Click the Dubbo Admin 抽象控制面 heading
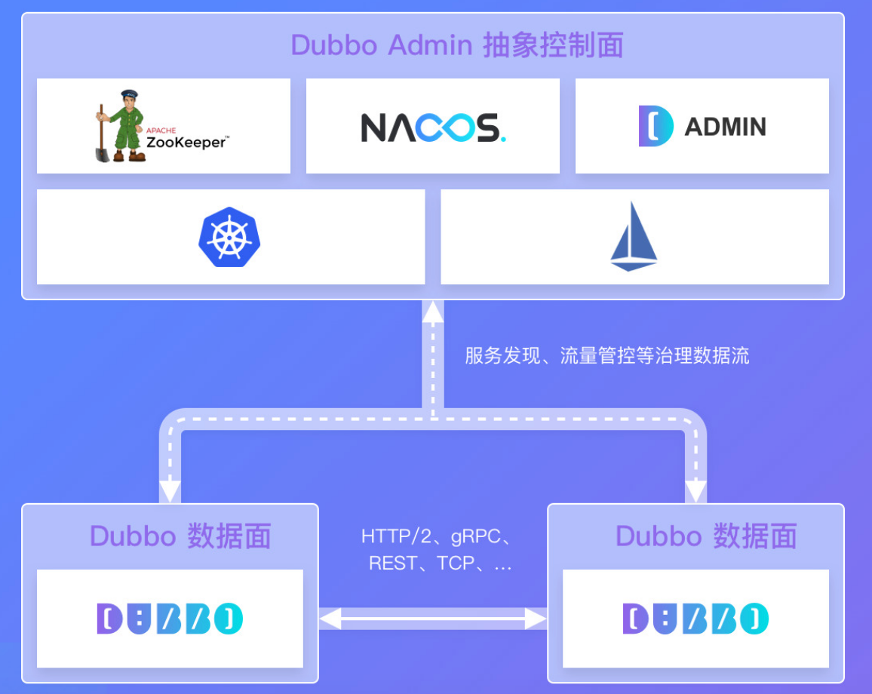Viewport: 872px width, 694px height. [457, 45]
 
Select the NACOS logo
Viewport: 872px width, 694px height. [433, 127]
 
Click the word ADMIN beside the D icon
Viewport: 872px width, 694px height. [725, 126]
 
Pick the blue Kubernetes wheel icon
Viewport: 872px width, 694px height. [229, 237]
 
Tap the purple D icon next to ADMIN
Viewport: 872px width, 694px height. [655, 126]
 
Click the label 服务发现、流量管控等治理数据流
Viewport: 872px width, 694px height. [607, 355]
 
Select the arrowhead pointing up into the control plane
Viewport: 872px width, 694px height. [433, 311]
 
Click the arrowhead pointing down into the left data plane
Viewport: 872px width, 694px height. [170, 491]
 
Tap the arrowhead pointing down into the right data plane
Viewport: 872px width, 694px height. [695, 491]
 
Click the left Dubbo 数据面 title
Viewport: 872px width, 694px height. [180, 536]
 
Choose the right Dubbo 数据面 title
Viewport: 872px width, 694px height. [706, 536]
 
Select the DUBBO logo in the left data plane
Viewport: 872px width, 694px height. [170, 619]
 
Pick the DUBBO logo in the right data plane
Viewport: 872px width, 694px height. [695, 619]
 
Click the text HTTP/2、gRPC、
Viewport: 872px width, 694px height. [437, 536]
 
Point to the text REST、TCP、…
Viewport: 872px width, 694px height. [440, 563]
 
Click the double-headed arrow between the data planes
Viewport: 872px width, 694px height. [433, 619]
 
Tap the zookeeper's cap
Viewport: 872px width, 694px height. [129, 96]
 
